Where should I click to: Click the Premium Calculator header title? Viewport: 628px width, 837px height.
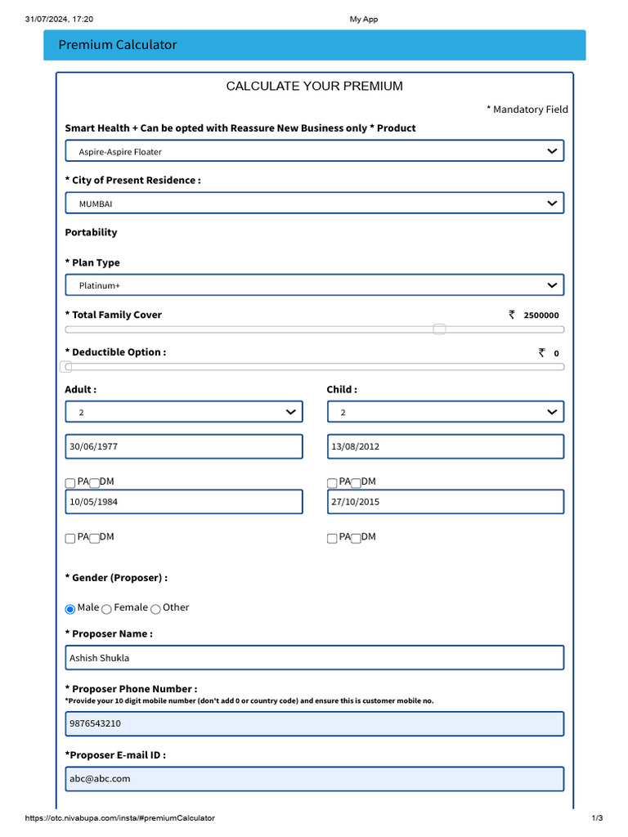point(118,45)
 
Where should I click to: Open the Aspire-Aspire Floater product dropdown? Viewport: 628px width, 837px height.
point(314,151)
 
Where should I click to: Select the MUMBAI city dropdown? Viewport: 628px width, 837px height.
point(314,203)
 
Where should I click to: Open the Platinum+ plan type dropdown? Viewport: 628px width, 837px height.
point(314,285)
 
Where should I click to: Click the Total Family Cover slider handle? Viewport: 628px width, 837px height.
point(439,329)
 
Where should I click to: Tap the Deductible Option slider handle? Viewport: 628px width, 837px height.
point(67,367)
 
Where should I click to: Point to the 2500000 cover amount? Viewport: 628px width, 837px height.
point(541,316)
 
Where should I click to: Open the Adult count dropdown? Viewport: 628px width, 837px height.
point(183,412)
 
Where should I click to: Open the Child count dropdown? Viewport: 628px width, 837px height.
point(445,412)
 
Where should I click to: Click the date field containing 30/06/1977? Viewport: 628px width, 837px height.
point(183,446)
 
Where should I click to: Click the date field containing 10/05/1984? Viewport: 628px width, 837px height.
point(183,502)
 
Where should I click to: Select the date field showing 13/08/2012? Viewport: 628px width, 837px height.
point(445,446)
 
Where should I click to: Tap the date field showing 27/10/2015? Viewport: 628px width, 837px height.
point(445,502)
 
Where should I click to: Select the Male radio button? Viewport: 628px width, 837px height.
point(70,609)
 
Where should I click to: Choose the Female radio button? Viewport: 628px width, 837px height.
point(107,609)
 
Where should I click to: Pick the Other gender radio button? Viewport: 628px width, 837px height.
point(155,609)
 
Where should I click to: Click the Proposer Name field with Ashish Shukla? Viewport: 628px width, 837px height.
point(314,658)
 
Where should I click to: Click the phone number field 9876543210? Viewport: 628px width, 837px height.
point(314,723)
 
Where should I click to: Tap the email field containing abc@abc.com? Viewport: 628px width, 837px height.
point(314,779)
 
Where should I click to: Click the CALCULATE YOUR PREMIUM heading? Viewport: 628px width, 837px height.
point(314,87)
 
